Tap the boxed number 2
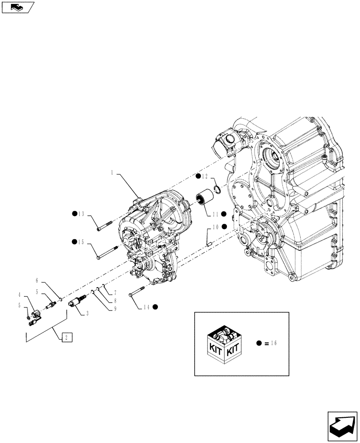[x=66, y=338]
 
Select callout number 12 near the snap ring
[x=205, y=177]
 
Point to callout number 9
[x=115, y=309]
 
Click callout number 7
[x=115, y=293]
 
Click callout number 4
[x=20, y=295]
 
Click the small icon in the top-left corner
[x=17, y=7]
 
